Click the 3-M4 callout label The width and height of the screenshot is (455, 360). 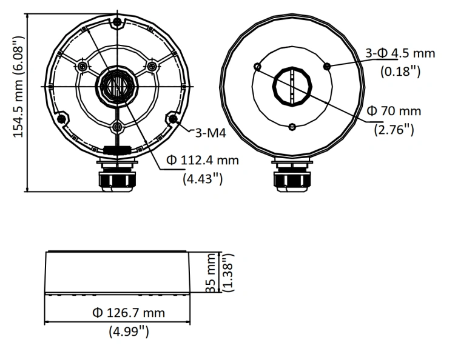click(211, 133)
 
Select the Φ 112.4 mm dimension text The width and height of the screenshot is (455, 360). click(203, 160)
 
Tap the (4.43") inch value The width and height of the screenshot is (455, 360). click(203, 179)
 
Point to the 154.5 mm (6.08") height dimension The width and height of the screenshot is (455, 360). click(18, 87)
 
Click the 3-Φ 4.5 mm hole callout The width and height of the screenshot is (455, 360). click(400, 53)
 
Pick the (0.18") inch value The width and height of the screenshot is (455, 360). click(400, 72)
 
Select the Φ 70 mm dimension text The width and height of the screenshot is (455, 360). click(394, 111)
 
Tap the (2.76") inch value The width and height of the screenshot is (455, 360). click(394, 129)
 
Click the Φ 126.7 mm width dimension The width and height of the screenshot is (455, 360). click(129, 313)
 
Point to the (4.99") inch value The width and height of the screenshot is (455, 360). click(129, 331)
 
